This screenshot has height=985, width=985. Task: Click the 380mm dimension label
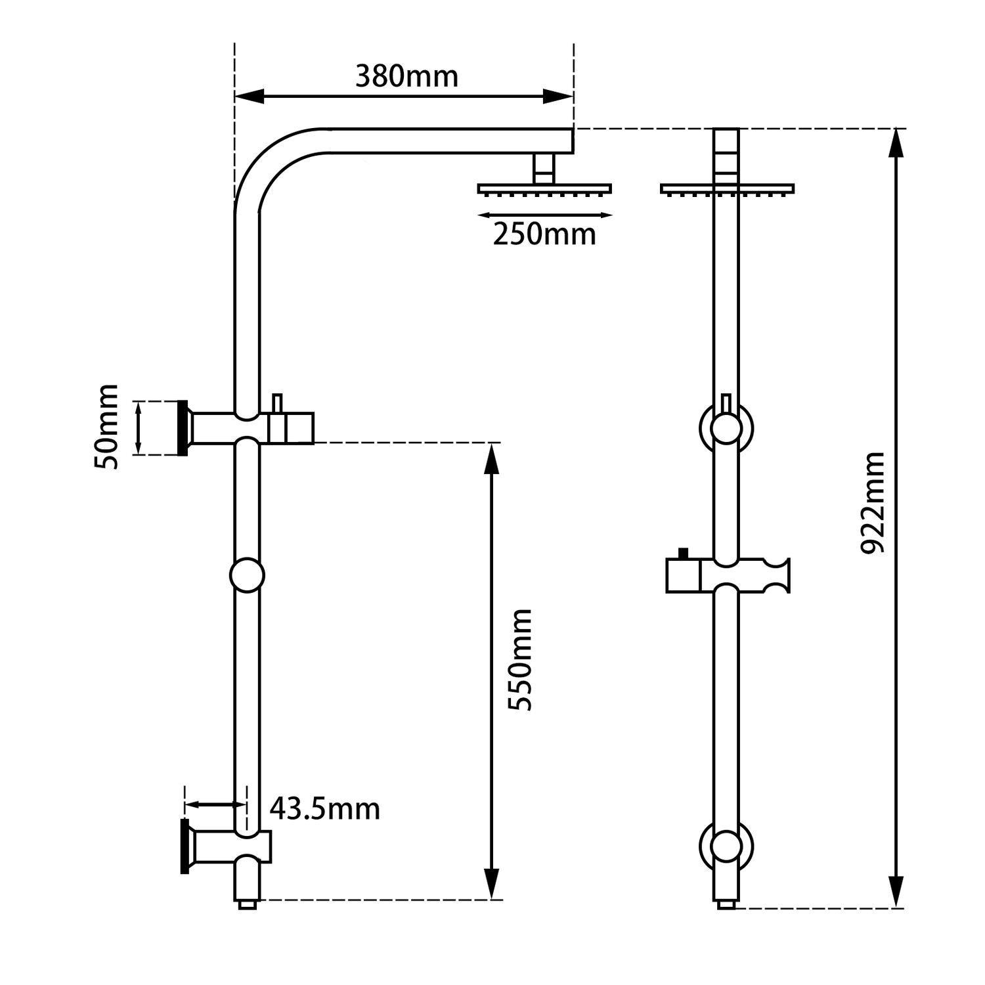point(406,77)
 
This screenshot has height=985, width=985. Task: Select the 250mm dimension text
point(544,234)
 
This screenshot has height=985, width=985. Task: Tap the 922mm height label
point(873,503)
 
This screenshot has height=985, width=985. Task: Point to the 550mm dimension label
point(521,659)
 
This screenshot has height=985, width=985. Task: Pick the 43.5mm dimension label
point(325,809)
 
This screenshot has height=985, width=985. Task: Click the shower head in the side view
point(544,188)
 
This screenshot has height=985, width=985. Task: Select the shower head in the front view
point(726,188)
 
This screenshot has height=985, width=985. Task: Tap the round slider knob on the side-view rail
point(247,575)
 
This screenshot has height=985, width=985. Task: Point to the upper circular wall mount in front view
point(726,428)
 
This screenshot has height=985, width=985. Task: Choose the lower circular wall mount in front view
point(726,846)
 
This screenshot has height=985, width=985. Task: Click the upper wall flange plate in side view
point(183,427)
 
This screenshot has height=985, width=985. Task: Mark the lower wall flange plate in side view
point(185,846)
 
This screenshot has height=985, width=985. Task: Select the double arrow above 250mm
point(544,215)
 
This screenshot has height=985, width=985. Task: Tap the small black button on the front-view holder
point(683,554)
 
